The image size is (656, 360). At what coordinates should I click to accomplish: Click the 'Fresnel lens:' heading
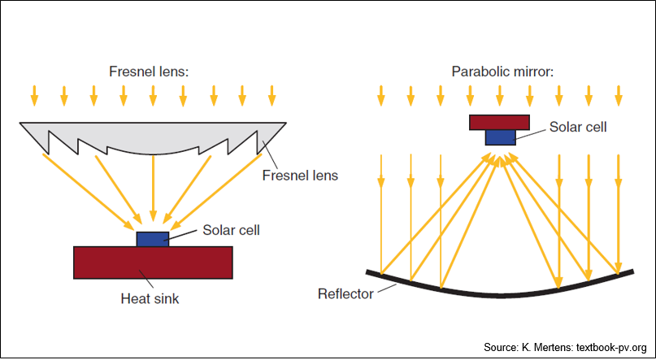149,72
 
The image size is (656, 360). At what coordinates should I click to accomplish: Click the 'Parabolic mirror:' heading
502,72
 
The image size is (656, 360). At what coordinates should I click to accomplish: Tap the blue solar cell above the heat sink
153,239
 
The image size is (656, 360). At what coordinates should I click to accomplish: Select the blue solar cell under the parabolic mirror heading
501,137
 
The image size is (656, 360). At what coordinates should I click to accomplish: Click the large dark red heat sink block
153,262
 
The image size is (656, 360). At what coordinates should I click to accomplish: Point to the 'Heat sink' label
150,299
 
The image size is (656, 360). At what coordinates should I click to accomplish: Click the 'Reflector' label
345,293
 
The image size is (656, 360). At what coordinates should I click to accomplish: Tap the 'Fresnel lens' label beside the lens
300,176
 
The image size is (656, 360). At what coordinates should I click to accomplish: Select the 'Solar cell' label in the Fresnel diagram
232,230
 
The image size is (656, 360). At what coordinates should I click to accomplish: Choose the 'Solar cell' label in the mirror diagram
578,127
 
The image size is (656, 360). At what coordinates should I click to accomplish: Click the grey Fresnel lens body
153,134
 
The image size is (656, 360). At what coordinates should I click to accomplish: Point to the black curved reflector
500,295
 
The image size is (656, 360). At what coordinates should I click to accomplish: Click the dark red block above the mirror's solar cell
500,122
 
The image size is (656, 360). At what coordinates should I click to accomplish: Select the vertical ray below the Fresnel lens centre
153,189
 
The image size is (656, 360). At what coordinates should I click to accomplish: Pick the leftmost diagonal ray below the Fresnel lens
87,189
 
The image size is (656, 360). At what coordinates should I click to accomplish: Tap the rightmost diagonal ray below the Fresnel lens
217,189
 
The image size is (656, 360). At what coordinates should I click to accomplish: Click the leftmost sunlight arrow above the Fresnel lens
34,95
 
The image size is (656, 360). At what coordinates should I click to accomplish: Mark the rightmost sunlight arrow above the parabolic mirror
619,95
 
